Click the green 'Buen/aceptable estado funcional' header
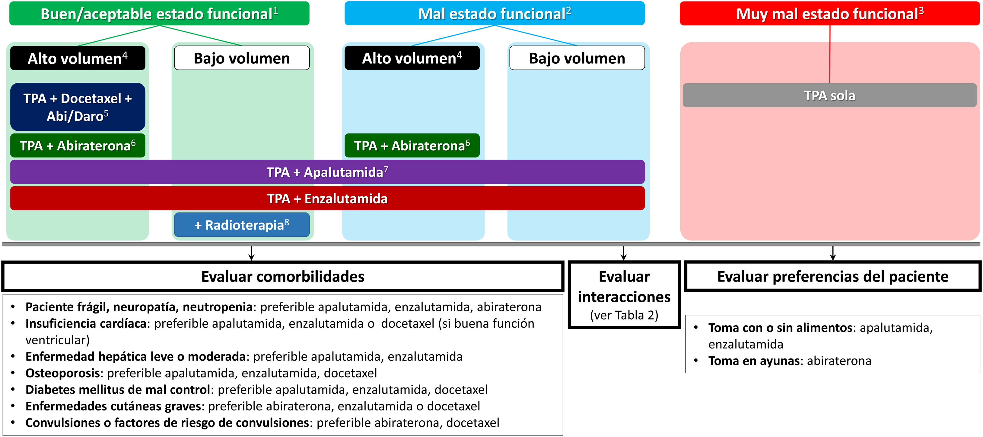[159, 14]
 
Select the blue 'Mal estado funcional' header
[494, 14]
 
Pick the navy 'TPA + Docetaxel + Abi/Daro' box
[78, 107]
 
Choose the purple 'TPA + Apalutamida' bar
[327, 172]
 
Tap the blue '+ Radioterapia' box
[242, 225]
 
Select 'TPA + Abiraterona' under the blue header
[412, 146]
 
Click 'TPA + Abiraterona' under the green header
[78, 146]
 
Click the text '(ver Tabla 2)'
[624, 315]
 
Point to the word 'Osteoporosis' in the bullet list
[62, 373]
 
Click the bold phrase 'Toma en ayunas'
[754, 361]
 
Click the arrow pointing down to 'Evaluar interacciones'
[624, 253]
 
